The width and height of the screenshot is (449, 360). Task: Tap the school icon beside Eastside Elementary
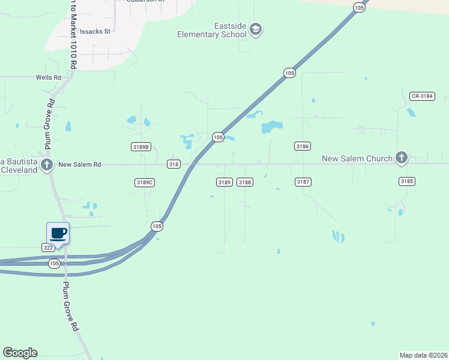click(x=256, y=29)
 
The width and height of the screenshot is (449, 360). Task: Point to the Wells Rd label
click(x=49, y=77)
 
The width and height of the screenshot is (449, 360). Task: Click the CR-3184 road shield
click(x=422, y=96)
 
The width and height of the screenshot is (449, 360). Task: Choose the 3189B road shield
click(x=140, y=146)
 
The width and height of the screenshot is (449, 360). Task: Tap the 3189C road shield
click(x=145, y=182)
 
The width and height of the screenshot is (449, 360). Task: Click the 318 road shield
click(x=173, y=164)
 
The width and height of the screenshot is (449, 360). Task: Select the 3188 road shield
click(x=244, y=182)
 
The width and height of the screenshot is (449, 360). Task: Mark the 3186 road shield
click(x=302, y=146)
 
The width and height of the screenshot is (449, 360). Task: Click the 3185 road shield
click(x=406, y=181)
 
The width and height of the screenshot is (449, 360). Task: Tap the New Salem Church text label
click(x=357, y=158)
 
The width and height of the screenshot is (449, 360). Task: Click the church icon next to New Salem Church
click(x=402, y=158)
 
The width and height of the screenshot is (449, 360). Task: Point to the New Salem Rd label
click(x=79, y=164)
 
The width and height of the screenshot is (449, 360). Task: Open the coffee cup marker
click(x=58, y=233)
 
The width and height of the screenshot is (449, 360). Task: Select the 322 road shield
click(x=49, y=247)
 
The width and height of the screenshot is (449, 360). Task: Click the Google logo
click(x=20, y=353)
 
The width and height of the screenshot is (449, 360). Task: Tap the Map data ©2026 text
click(x=423, y=355)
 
